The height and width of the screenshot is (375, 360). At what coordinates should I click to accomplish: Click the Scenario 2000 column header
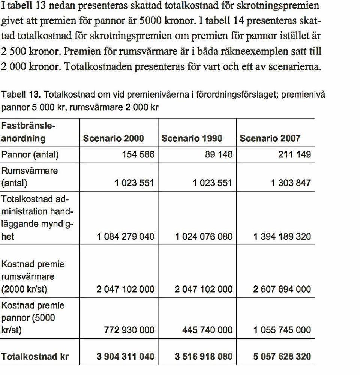point(113,138)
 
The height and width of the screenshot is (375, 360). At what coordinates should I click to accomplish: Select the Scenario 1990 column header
point(192,138)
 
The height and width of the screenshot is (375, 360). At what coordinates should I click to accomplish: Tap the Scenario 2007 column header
point(270,138)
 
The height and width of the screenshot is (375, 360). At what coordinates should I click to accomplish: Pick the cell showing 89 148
point(217,154)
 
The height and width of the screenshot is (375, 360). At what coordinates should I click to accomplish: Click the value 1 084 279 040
point(126,237)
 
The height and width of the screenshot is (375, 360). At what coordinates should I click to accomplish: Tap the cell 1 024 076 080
point(204,237)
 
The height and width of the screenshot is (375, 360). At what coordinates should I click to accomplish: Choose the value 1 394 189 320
point(282,237)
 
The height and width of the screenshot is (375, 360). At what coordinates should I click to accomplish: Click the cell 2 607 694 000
point(282,289)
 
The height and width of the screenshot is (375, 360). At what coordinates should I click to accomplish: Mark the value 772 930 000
point(129,330)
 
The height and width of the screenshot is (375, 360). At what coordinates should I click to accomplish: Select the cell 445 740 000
point(207,330)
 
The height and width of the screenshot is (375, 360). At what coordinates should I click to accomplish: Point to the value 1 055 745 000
point(282,330)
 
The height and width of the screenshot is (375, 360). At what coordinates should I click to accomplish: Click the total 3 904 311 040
point(125,356)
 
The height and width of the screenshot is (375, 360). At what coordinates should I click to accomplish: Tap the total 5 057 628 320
point(282,356)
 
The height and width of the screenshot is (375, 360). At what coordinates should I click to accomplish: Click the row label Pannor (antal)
point(30,154)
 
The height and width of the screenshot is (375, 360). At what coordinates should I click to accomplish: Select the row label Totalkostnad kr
point(35,357)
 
